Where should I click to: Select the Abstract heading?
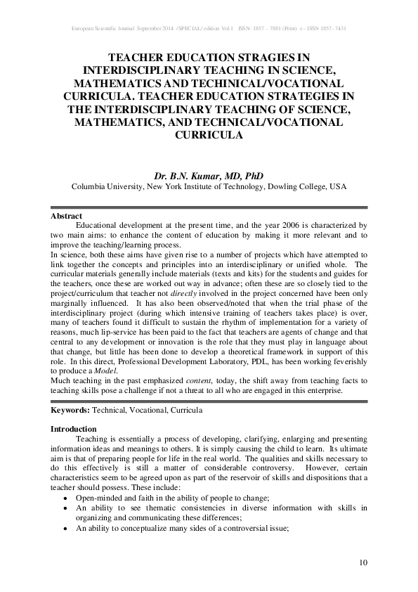coord(67,216)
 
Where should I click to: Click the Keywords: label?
coord(71,409)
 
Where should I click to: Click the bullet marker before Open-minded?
coord(65,496)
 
